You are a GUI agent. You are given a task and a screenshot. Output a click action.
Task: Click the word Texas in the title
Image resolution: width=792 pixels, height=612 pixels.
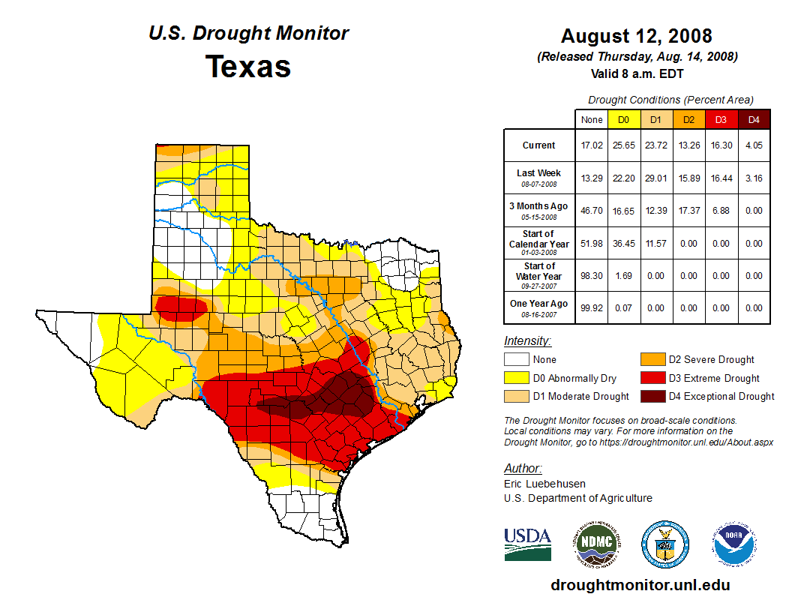(x=248, y=67)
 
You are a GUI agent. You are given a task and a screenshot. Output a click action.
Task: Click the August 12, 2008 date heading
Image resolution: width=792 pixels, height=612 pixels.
(x=636, y=36)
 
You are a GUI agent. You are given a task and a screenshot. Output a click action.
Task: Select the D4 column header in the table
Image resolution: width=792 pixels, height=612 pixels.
(x=754, y=119)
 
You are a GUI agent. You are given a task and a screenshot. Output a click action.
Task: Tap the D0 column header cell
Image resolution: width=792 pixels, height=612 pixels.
(x=623, y=119)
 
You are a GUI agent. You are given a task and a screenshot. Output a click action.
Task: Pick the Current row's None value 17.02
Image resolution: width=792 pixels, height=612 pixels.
(x=592, y=145)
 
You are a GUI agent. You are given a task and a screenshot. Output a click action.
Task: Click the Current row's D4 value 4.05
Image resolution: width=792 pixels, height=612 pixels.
(x=754, y=145)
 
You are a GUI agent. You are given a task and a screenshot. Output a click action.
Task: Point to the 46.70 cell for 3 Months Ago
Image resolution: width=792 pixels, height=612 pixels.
(x=592, y=211)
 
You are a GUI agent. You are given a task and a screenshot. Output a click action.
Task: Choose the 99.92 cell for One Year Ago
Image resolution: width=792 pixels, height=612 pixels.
(x=592, y=307)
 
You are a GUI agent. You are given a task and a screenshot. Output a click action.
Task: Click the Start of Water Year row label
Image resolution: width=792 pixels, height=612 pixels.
(x=539, y=275)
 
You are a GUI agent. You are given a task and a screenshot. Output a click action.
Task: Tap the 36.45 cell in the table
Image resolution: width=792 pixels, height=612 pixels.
(x=623, y=244)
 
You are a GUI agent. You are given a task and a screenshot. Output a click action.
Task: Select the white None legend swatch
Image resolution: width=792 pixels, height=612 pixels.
(x=515, y=360)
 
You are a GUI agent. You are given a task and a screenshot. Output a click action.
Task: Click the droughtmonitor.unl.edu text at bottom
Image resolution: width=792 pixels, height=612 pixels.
(x=640, y=585)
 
